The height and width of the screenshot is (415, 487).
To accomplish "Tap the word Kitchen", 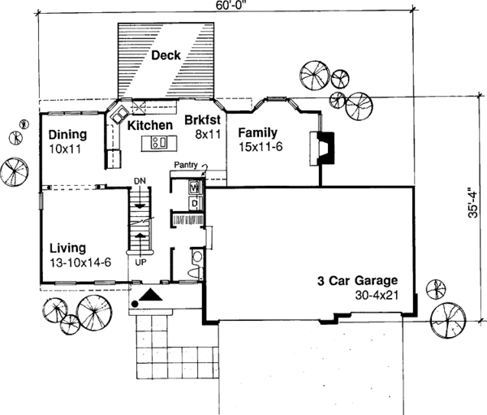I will pos(148,125).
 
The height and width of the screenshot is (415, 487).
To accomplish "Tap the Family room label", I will pos(258,132).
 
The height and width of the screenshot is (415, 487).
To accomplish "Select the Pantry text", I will pos(186,165).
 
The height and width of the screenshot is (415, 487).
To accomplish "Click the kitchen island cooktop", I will pos(158,144).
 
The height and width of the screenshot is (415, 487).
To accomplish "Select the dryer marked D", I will pos(194,201).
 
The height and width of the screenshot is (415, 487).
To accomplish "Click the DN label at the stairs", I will pos(140,179).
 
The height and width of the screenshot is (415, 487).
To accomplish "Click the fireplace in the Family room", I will pos(319,148).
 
